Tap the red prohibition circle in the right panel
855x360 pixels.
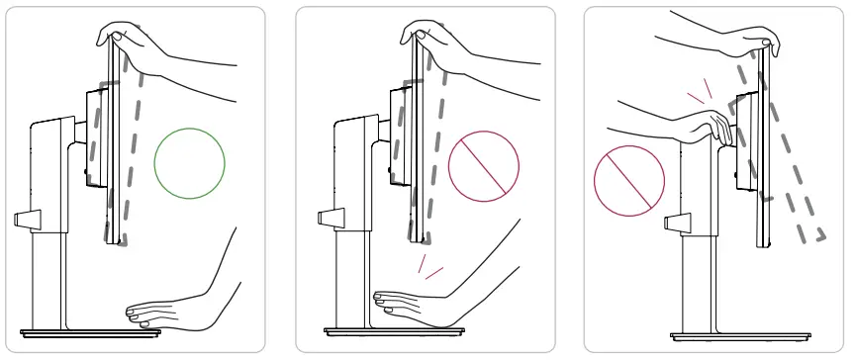coord(627,183)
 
